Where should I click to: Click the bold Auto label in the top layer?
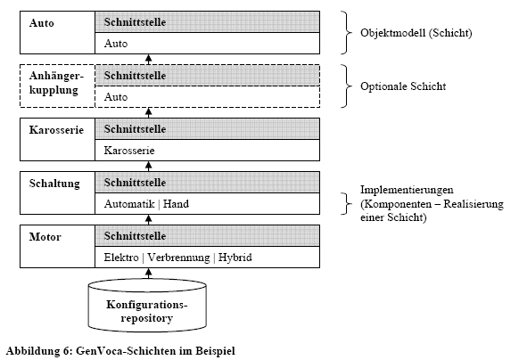click(41, 23)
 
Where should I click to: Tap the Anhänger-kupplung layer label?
click(56, 83)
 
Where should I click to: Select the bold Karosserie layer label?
click(56, 130)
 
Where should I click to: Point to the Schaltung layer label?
click(54, 184)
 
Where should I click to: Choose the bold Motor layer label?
click(45, 237)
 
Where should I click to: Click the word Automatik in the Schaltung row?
click(129, 204)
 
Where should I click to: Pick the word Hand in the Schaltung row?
click(176, 204)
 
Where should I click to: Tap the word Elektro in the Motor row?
click(121, 258)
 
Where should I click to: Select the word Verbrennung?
click(178, 258)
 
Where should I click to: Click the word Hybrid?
click(235, 258)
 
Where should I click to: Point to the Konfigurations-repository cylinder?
click(147, 305)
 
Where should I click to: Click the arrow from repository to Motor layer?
click(149, 273)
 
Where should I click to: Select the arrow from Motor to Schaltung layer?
click(149, 220)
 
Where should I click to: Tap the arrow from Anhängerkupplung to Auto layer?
click(149, 59)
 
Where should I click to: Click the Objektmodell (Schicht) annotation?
click(416, 33)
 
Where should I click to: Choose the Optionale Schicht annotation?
click(403, 86)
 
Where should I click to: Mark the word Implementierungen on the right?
click(407, 190)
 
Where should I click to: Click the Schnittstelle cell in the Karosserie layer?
click(208, 129)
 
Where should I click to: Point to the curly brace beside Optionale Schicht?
click(346, 86)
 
